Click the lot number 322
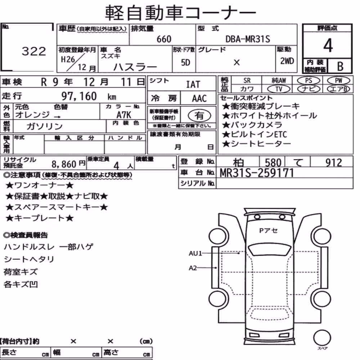[34, 51]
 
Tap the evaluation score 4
[328, 45]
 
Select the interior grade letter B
[340, 66]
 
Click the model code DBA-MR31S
[248, 39]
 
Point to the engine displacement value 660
[164, 39]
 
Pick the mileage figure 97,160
[79, 96]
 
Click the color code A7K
[124, 114]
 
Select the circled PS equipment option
[309, 81]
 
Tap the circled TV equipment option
[279, 89]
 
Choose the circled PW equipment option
[338, 81]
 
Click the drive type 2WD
[287, 61]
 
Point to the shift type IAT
[193, 85]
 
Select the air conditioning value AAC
[199, 99]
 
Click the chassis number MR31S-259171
[257, 173]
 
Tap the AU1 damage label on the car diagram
[195, 253]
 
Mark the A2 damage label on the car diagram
[193, 268]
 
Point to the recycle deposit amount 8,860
[64, 164]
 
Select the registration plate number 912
[334, 163]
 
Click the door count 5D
[185, 62]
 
